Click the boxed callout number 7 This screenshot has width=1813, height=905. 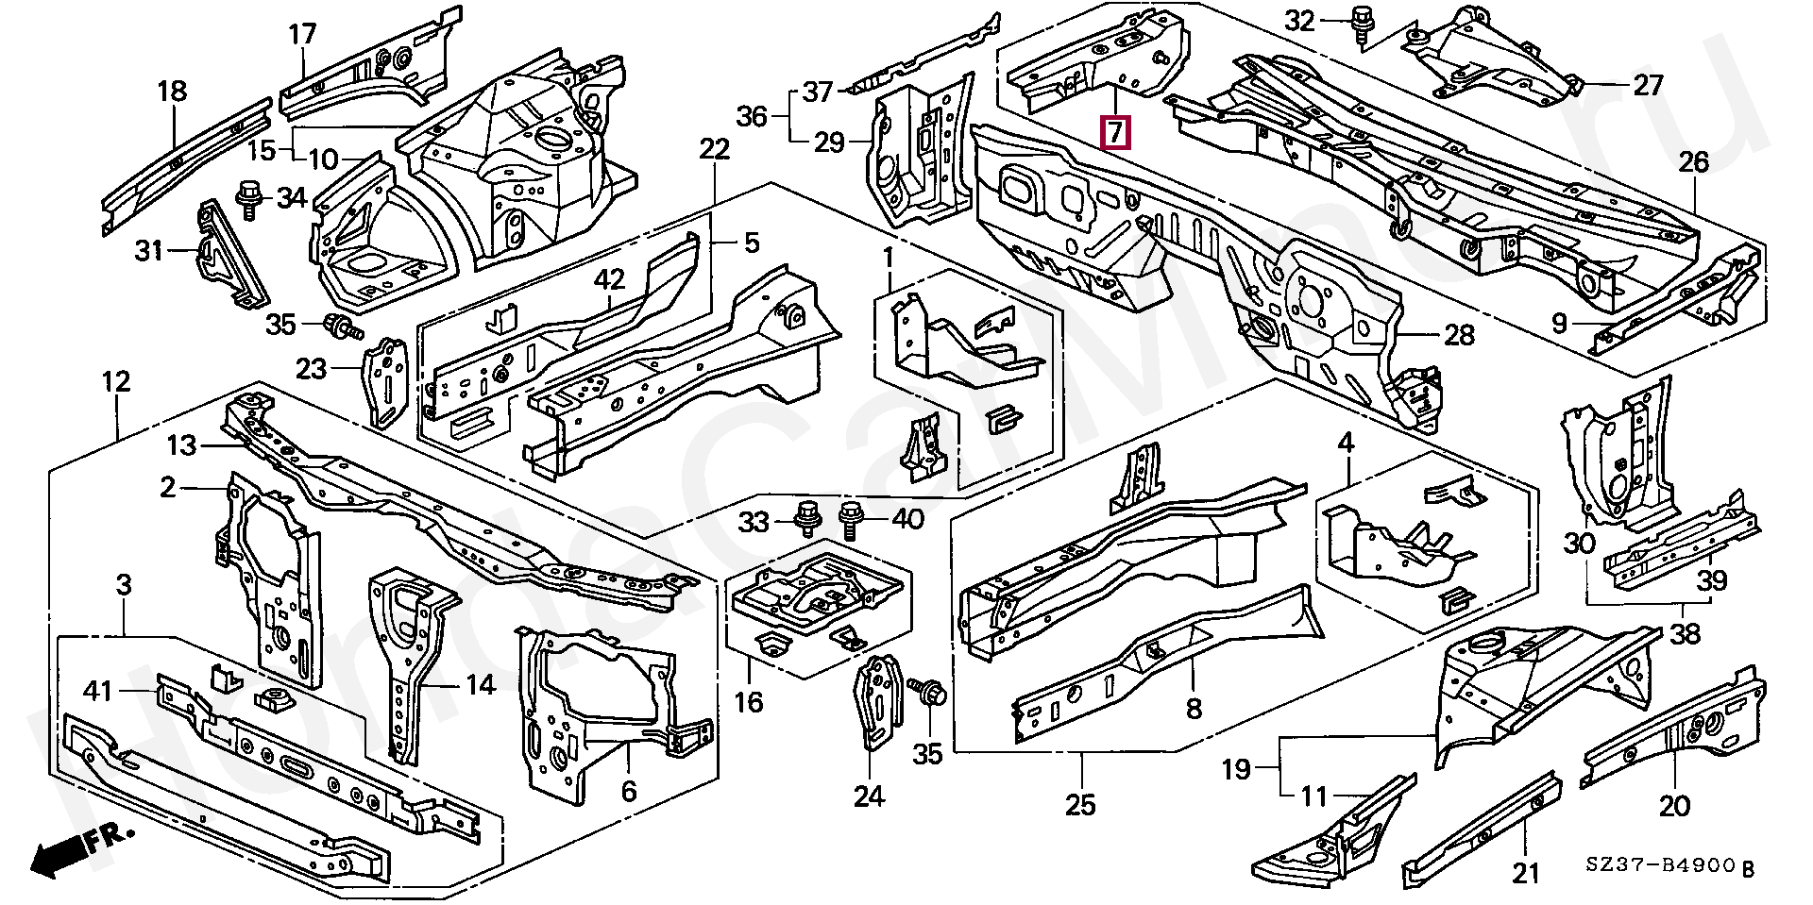tap(1115, 132)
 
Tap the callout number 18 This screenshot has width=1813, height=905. tap(172, 92)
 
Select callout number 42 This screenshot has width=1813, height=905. tap(609, 279)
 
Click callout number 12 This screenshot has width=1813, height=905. tap(116, 382)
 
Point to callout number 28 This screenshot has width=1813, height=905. tap(1459, 334)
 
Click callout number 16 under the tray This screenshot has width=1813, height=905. tap(749, 702)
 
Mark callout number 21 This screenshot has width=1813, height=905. tap(1525, 873)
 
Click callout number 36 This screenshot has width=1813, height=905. tap(753, 116)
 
